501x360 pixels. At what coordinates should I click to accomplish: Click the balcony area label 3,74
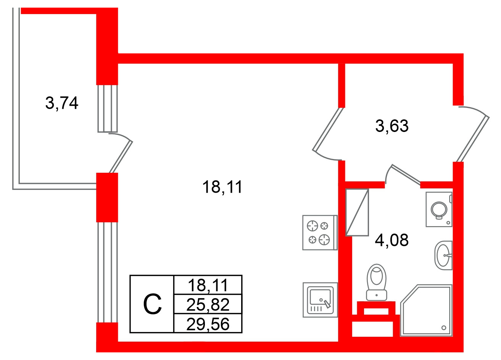pyautogui.click(x=61, y=103)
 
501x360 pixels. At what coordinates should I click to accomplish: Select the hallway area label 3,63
pyautogui.click(x=392, y=126)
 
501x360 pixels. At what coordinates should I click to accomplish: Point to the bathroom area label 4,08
pyautogui.click(x=392, y=240)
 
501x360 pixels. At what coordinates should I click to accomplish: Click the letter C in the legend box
pyautogui.click(x=152, y=304)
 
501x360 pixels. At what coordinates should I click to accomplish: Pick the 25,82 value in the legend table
pyautogui.click(x=208, y=304)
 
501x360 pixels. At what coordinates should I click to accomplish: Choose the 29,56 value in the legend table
pyautogui.click(x=208, y=324)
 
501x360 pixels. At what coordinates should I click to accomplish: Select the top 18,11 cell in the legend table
pyautogui.click(x=208, y=284)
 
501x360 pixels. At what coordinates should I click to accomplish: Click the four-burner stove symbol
pyautogui.click(x=319, y=233)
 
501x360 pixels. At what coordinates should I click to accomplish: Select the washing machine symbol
pyautogui.click(x=439, y=209)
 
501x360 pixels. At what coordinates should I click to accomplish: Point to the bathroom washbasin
pyautogui.click(x=443, y=255)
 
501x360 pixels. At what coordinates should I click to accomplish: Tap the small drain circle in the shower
pyautogui.click(x=443, y=327)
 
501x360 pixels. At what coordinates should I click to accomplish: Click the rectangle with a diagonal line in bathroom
pyautogui.click(x=357, y=212)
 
